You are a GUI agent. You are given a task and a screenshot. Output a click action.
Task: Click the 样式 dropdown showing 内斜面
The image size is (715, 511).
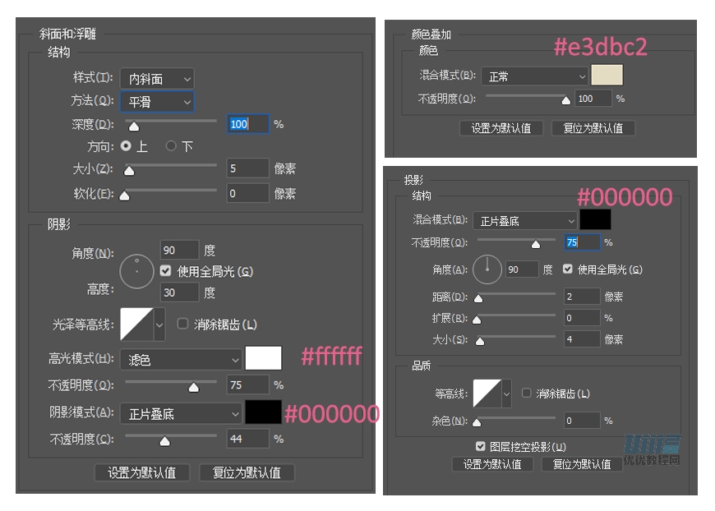coord(156,79)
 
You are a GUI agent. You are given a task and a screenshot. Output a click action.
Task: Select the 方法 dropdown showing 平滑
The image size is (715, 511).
coord(156,102)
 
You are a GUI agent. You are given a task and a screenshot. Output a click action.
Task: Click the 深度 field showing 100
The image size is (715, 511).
coord(247,124)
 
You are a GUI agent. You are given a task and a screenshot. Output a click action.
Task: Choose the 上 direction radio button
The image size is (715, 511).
coord(126,146)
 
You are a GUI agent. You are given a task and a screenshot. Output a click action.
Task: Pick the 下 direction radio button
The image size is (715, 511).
coord(171,146)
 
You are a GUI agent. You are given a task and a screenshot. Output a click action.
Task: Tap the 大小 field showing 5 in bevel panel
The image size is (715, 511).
coord(247,169)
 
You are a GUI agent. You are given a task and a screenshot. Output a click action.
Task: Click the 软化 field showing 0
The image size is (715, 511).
coord(247,194)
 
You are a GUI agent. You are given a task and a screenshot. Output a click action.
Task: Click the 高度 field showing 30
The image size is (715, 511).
coord(179,292)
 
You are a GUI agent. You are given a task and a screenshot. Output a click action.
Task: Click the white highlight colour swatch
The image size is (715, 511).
coord(263,359)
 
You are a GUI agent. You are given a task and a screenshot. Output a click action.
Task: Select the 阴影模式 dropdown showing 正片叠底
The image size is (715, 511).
coord(180,414)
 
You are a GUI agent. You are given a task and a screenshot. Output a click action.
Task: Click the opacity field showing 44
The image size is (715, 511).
coord(247,440)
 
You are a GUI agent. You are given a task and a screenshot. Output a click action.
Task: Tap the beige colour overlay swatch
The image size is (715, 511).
coord(607,76)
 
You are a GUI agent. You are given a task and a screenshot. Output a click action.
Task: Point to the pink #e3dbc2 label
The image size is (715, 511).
coord(600,47)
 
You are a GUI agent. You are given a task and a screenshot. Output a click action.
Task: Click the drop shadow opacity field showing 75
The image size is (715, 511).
coord(582,242)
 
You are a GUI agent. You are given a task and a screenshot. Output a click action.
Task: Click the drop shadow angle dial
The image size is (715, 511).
coord(487,268)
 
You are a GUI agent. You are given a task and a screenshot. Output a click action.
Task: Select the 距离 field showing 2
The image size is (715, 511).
coord(582,297)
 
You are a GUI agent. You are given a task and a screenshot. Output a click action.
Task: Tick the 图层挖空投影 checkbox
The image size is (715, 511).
coord(481,446)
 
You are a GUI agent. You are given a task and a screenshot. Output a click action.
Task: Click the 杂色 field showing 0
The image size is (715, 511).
coord(582,421)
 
